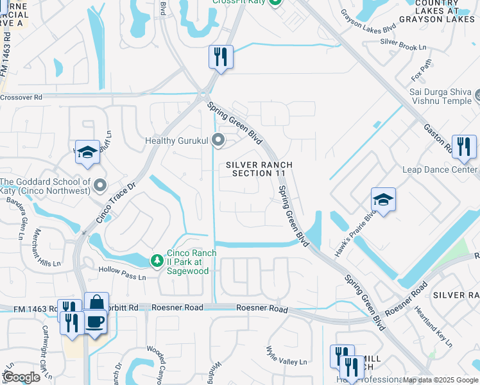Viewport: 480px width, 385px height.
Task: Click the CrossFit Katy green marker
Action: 275,2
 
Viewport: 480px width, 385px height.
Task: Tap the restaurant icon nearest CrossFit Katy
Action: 220,57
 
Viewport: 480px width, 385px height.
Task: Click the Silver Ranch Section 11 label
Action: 259,169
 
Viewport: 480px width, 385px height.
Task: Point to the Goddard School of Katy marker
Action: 99,186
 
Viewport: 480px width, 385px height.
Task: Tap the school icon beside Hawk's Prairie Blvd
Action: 383,200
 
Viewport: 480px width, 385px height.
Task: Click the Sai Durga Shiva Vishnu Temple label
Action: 441,96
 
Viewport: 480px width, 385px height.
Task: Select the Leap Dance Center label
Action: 440,169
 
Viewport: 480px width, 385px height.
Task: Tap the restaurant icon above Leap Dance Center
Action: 463,147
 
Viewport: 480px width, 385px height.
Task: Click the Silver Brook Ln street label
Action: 402,44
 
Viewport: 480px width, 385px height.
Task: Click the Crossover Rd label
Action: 21,97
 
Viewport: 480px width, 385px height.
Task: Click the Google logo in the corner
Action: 21,377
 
